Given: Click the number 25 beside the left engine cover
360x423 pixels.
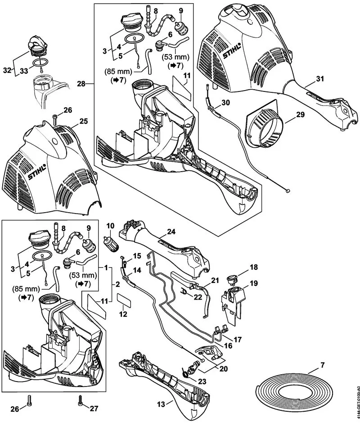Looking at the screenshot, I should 83,122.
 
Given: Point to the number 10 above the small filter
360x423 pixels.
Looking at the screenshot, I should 110,225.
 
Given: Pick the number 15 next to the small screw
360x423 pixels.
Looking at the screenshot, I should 137,255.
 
